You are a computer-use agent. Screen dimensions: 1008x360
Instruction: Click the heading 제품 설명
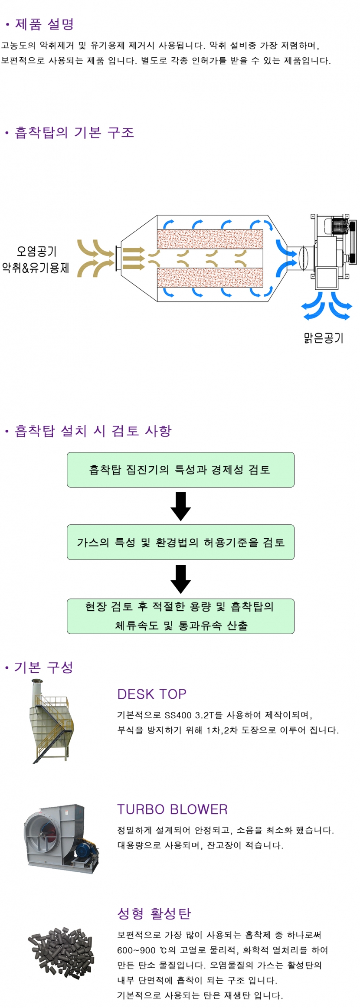coord(44,24)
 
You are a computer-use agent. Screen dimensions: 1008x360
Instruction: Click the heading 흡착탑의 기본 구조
coord(74,132)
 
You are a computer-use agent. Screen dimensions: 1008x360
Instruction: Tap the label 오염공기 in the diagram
coord(36,251)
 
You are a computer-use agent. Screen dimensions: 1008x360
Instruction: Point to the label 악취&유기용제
coord(36,268)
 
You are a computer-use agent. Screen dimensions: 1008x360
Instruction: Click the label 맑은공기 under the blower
coord(324,338)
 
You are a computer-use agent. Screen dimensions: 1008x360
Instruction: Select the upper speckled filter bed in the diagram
coord(210,239)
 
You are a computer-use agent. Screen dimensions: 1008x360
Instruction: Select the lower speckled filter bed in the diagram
coord(210,278)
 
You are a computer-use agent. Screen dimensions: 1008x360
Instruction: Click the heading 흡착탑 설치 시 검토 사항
coord(93,431)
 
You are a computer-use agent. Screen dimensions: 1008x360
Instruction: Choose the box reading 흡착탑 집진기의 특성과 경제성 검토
coord(180,470)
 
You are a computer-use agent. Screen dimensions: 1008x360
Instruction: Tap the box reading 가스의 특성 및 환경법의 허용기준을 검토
coord(180,542)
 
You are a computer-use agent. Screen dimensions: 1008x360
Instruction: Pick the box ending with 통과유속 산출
coord(180,616)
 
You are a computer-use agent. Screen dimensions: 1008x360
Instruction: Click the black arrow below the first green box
coord(180,506)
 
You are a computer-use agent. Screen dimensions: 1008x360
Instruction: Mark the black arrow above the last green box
coord(180,579)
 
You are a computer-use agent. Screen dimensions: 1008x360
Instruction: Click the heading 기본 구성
coord(43,667)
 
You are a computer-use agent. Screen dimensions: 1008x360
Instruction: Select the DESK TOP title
coord(152,694)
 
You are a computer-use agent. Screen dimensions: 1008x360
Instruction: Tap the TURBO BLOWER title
coord(172,809)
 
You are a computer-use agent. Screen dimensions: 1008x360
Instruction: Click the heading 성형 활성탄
coord(154,913)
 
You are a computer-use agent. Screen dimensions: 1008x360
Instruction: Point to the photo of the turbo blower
coord(61,838)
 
